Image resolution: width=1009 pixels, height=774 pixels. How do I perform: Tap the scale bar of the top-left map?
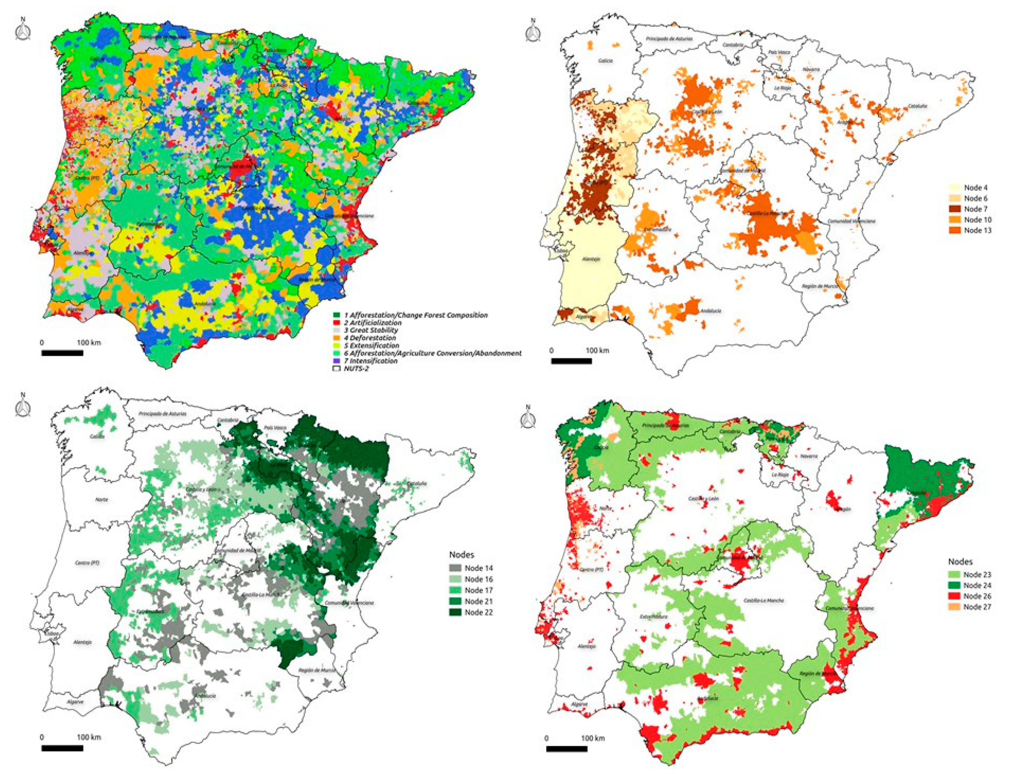[62, 353]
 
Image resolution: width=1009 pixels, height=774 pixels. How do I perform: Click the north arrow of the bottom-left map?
[23, 406]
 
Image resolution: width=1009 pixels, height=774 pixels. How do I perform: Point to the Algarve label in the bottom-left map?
[75, 702]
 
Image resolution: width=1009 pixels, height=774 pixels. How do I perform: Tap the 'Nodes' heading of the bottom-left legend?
[461, 555]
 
